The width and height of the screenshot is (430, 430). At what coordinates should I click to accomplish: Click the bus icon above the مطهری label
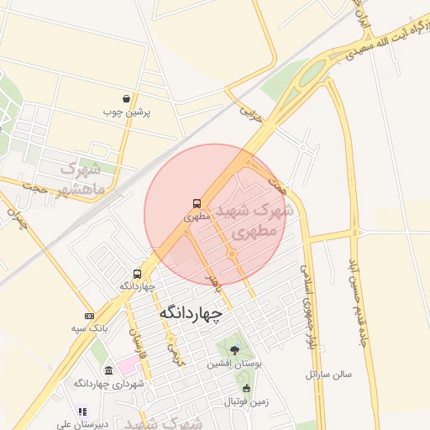197,203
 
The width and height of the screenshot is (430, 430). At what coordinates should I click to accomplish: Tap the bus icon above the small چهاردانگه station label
137,274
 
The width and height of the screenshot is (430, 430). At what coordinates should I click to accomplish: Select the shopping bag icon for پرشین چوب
126,98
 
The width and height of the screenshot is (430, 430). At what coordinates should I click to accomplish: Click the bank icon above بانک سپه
90,315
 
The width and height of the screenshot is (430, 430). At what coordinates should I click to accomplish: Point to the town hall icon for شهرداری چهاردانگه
108,370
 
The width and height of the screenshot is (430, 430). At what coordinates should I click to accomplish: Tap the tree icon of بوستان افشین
234,351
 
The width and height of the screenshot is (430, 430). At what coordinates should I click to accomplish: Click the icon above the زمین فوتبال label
246,388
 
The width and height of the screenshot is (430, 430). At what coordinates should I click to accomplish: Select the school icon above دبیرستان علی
82,412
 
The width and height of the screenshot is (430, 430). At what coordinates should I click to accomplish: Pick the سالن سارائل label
328,372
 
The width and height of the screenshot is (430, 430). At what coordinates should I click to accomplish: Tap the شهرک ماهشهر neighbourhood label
83,176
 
